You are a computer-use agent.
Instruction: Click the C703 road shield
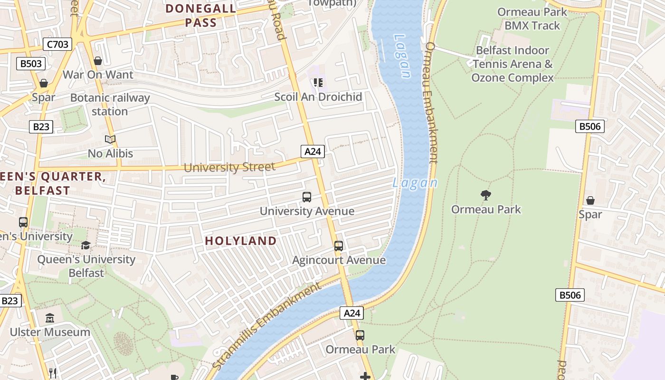(x=57, y=45)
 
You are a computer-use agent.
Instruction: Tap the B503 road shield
(x=31, y=64)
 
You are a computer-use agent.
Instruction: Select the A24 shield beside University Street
(x=313, y=152)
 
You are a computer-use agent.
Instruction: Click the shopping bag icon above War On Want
(x=98, y=61)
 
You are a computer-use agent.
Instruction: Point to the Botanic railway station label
(x=110, y=104)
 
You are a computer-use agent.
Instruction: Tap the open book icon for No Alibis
(x=110, y=139)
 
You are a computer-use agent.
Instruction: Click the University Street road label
(x=229, y=167)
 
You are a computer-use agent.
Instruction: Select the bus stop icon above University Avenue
(x=307, y=197)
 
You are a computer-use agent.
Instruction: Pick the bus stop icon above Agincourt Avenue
(x=338, y=246)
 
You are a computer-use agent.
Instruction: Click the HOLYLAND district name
(x=240, y=241)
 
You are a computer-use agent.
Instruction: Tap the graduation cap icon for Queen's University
(x=85, y=245)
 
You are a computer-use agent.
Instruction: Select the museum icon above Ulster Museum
(x=50, y=318)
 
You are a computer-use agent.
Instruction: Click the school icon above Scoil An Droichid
(x=318, y=83)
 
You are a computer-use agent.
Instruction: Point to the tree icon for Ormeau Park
(x=485, y=195)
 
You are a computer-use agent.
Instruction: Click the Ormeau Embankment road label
(x=431, y=103)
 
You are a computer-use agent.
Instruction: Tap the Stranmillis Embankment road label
(x=266, y=326)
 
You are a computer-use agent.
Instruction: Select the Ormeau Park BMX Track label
(x=532, y=19)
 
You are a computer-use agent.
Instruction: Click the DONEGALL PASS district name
(x=201, y=15)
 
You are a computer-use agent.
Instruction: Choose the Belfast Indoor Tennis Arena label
(x=512, y=64)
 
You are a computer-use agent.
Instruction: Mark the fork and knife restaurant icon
(x=53, y=373)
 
